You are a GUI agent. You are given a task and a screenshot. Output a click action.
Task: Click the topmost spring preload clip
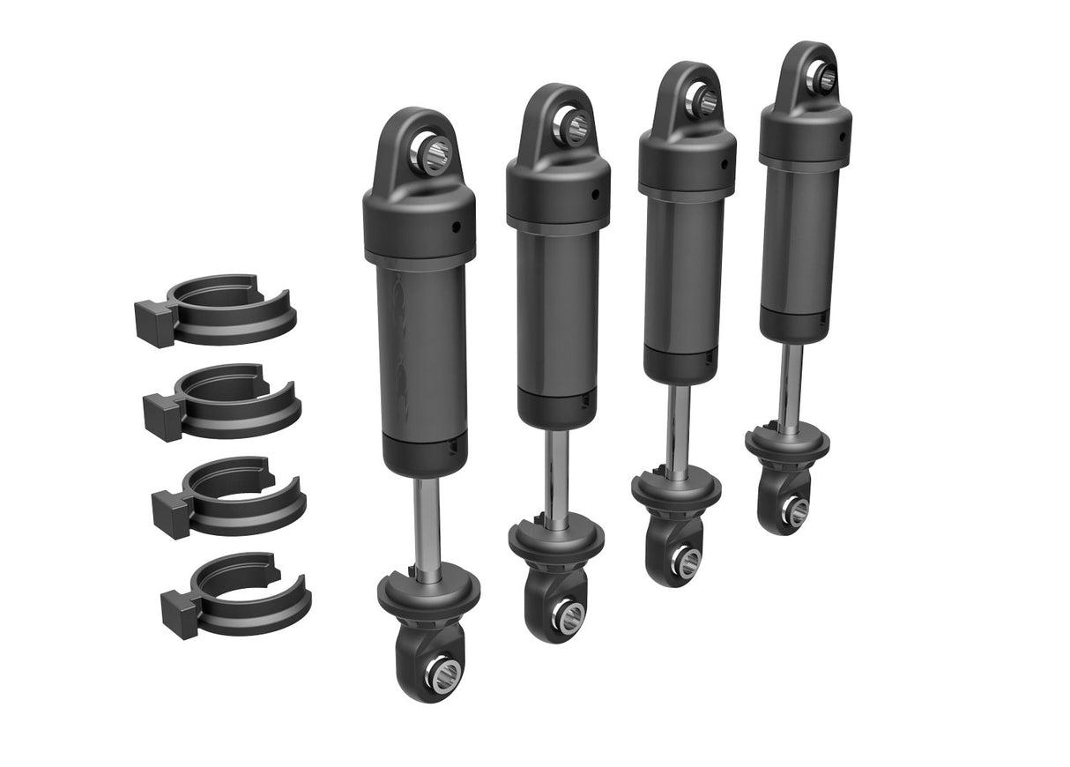point(220,310)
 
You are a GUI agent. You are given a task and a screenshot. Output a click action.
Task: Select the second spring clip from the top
point(226,402)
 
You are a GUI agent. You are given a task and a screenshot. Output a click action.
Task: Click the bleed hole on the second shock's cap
point(596,195)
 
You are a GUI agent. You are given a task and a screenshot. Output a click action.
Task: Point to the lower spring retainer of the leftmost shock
point(429,593)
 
